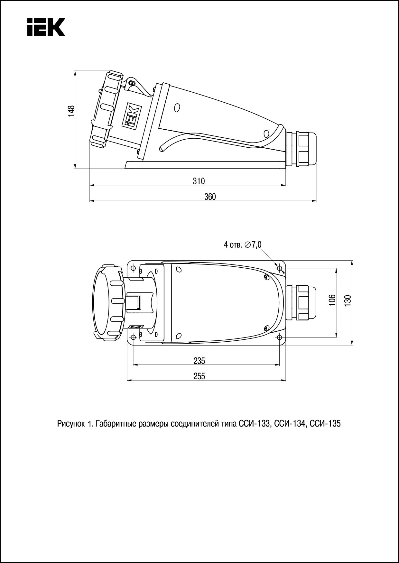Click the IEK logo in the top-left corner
pyautogui.click(x=46, y=27)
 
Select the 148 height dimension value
pyautogui.click(x=71, y=110)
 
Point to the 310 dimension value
pyautogui.click(x=199, y=181)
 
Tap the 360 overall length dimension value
pyautogui.click(x=210, y=197)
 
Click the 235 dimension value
pyautogui.click(x=199, y=361)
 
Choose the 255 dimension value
pyautogui.click(x=199, y=376)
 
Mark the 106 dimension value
pyautogui.click(x=332, y=300)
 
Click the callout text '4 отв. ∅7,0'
pyautogui.click(x=243, y=245)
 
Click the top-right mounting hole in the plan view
pyautogui.click(x=279, y=268)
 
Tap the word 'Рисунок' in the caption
pyautogui.click(x=71, y=424)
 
